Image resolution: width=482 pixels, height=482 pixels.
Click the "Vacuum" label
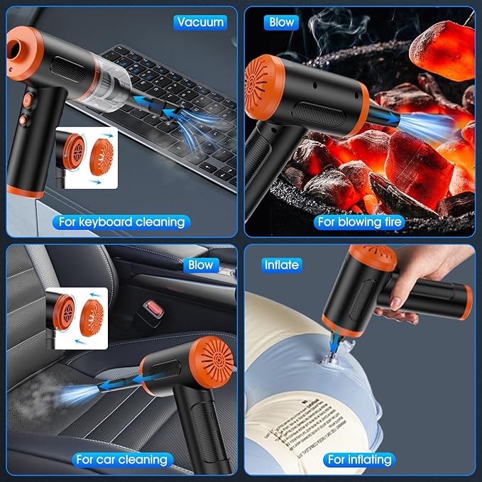click(x=200, y=22)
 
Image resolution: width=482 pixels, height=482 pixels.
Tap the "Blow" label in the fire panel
click(x=281, y=22)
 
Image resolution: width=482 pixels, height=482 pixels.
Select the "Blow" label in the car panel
click(x=200, y=265)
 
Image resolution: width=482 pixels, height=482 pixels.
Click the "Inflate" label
click(x=281, y=265)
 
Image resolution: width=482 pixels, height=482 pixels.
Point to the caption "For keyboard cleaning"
click(x=121, y=221)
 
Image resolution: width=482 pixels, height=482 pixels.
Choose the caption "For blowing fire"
click(x=360, y=221)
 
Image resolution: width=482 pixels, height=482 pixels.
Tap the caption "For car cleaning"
click(x=121, y=459)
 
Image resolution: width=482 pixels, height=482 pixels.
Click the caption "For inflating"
click(x=359, y=459)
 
